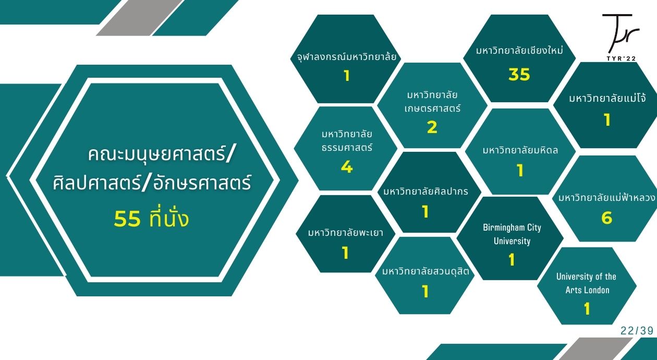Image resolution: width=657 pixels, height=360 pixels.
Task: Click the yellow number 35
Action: [519, 74]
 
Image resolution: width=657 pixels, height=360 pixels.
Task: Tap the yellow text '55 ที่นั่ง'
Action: [151, 219]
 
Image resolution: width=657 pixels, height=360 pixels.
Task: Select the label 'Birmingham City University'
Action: [512, 234]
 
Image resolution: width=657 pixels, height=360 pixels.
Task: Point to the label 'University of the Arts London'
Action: [587, 283]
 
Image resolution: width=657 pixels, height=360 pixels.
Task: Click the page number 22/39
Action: [637, 331]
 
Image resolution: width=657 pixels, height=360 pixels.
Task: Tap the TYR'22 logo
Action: [621, 37]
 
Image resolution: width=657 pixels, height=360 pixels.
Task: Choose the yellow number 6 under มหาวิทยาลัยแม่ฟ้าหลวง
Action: [606, 218]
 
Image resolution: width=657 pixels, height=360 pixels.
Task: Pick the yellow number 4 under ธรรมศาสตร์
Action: [347, 167]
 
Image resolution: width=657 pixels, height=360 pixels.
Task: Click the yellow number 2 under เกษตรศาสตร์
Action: [432, 127]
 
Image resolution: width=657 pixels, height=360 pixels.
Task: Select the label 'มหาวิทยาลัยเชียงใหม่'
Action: [520, 51]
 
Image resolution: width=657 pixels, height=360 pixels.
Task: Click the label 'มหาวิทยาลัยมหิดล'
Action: [520, 150]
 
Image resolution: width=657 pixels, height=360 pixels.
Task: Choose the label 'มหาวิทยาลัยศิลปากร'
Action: [426, 191]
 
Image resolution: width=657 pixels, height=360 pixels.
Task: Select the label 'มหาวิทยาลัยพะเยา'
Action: [346, 233]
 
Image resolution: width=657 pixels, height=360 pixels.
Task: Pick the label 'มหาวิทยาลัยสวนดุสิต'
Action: [425, 271]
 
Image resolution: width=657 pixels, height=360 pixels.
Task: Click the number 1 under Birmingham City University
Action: [512, 260]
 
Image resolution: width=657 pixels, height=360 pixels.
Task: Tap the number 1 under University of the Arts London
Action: [587, 309]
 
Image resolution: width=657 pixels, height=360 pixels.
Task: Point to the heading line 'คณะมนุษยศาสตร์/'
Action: [161, 154]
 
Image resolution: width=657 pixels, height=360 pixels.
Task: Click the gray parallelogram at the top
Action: [139, 18]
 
